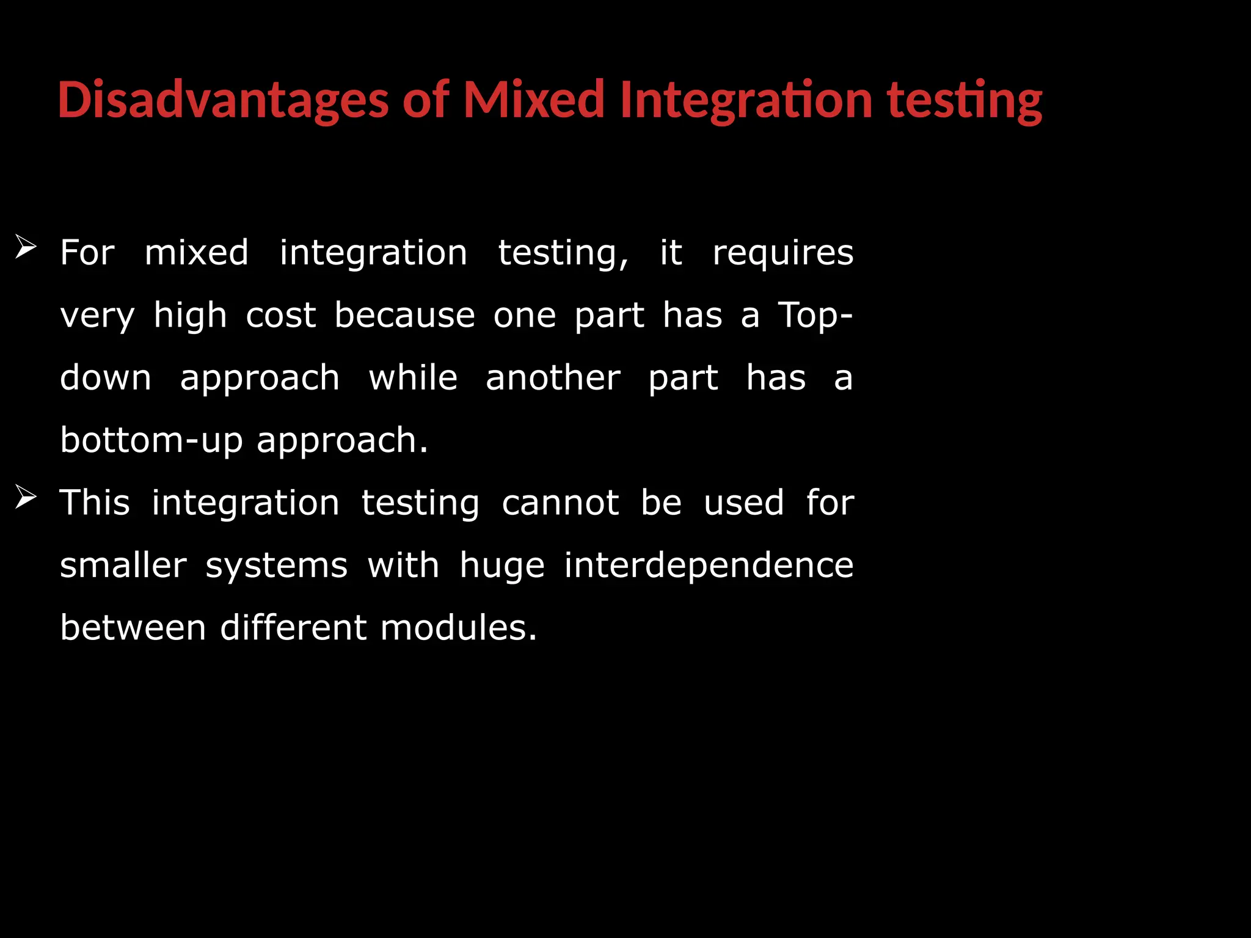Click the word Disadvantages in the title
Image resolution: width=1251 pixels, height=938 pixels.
[223, 100]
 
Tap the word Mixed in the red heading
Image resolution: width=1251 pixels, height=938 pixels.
[534, 100]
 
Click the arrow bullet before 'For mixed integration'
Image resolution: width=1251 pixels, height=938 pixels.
[26, 247]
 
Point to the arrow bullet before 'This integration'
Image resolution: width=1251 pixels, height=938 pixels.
[26, 497]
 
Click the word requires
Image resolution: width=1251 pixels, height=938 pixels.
[782, 253]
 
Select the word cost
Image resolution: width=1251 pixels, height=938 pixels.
[281, 316]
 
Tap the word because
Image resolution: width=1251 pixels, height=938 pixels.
[404, 316]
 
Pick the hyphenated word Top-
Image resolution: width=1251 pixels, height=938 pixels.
[815, 316]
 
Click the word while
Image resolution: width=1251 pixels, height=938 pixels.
[413, 378]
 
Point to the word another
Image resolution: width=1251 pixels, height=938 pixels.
[553, 378]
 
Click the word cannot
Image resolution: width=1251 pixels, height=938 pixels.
[560, 503]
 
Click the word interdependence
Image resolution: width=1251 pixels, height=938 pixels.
[709, 565]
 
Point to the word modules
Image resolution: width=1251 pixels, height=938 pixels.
[458, 628]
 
